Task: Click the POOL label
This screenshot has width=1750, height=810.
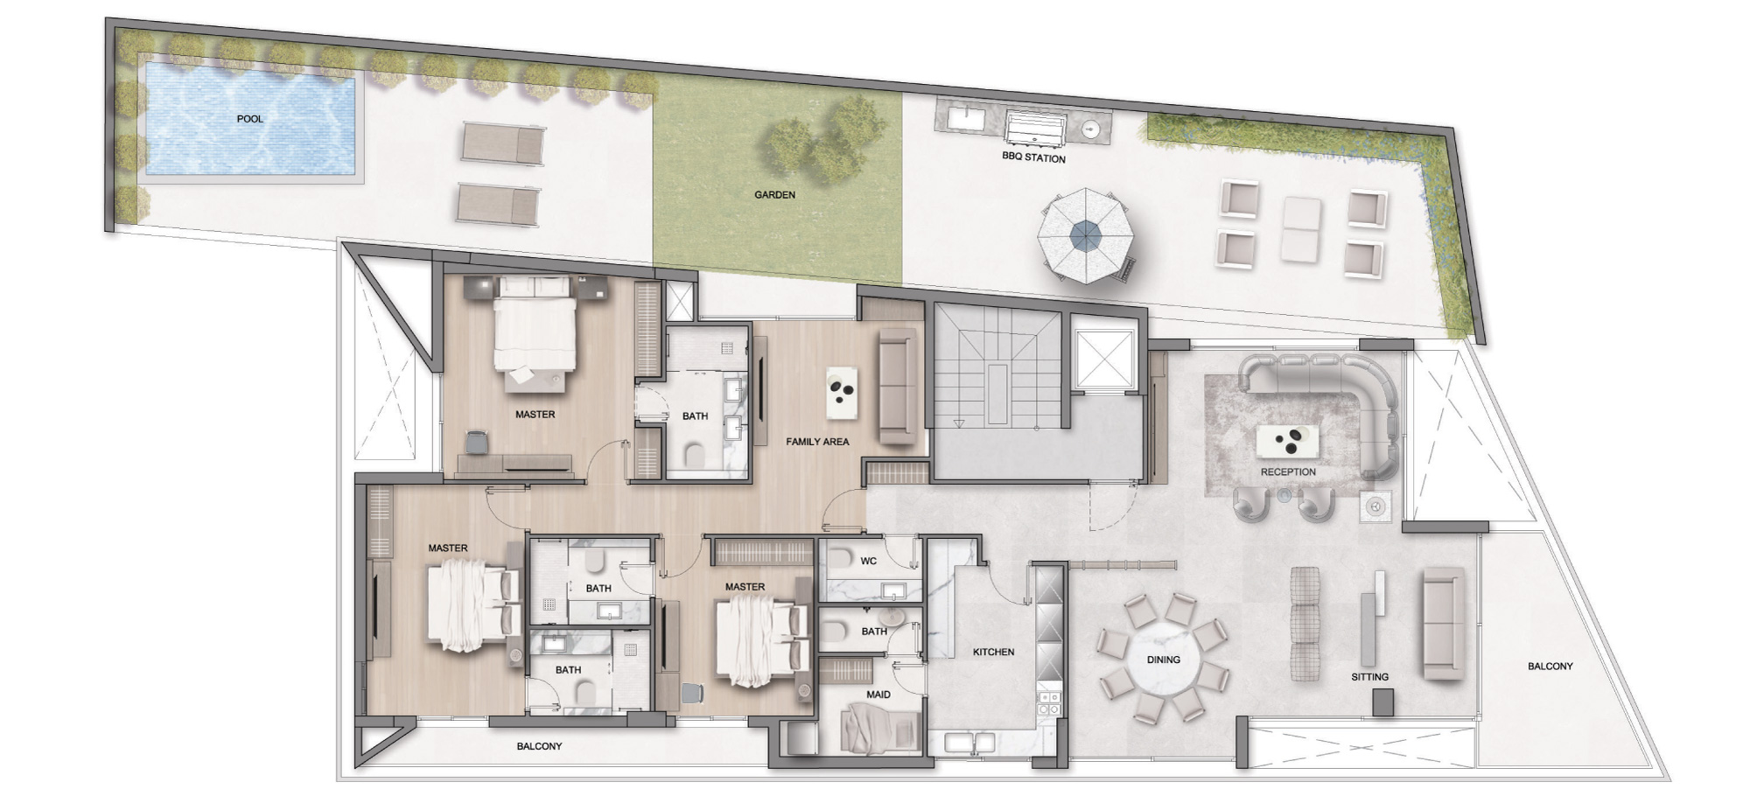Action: [249, 119]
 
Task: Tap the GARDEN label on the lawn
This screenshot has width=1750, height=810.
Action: [774, 195]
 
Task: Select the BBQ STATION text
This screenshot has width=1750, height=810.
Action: [1033, 158]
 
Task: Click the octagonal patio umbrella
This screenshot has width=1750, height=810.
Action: [1085, 235]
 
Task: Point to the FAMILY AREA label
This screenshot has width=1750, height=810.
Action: [817, 442]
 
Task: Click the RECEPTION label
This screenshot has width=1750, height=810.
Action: [1288, 472]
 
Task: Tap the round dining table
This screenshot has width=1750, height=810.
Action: [1164, 659]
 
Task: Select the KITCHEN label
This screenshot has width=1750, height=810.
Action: [993, 652]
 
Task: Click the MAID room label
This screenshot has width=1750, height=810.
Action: [878, 695]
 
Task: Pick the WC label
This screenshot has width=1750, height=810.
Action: [868, 561]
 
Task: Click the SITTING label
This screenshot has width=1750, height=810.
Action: [1369, 677]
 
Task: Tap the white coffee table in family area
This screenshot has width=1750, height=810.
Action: [842, 393]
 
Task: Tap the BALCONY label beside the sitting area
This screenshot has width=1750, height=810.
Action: [1550, 667]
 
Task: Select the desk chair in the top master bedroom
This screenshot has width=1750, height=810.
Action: [476, 443]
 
